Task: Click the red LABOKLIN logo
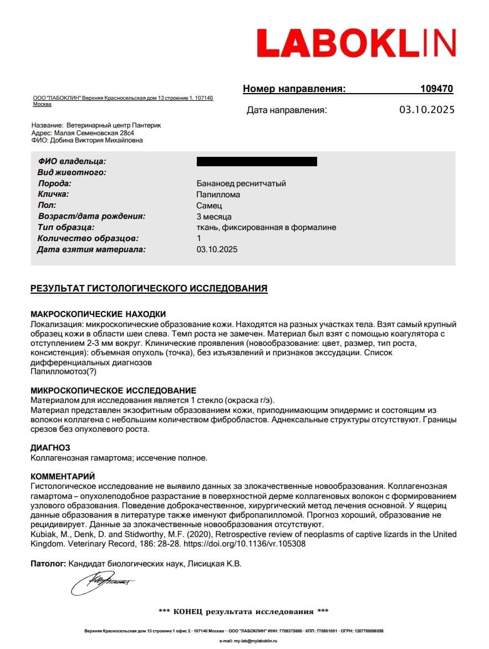coord(356,43)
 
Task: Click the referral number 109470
coord(437,89)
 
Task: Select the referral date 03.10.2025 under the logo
coord(426,110)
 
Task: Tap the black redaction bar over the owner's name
coord(257,162)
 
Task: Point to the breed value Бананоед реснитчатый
coord(241,183)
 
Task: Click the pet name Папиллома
coord(218,195)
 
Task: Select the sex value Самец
coord(210,206)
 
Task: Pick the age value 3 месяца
coord(214,217)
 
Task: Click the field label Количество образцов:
coord(88,239)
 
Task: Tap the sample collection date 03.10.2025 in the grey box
coord(217,249)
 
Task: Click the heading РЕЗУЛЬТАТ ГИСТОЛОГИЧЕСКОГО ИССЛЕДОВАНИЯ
coord(149,288)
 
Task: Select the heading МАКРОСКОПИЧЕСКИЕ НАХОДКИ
coord(98,314)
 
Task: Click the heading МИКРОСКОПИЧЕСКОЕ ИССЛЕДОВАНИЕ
coord(113,391)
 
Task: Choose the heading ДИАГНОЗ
coord(50,448)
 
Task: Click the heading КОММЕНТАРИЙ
coord(63,477)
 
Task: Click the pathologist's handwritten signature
coord(102,582)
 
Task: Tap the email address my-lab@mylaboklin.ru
coord(248,641)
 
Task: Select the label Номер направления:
coord(294,89)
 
